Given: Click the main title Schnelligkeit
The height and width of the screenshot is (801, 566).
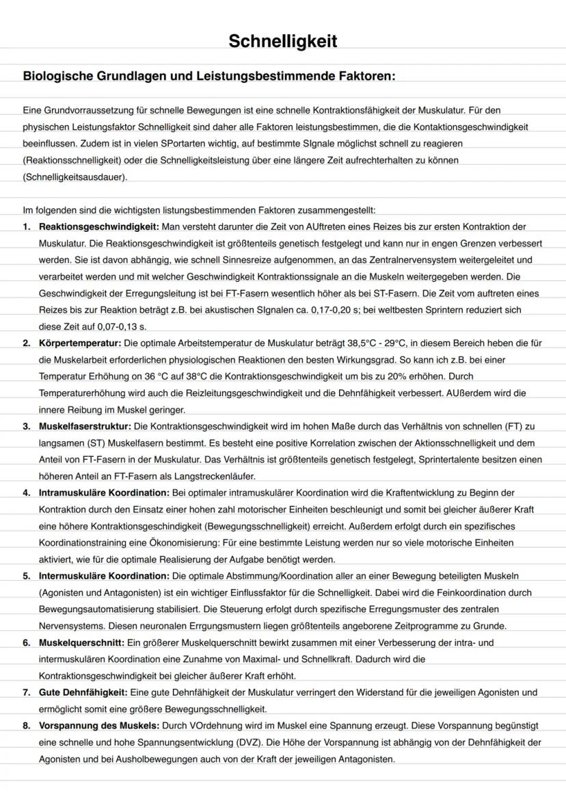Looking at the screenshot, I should (x=282, y=42).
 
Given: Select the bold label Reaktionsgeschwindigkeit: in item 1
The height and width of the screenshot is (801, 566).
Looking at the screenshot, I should (x=99, y=226).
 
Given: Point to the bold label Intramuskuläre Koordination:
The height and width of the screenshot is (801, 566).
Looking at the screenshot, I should (x=103, y=493).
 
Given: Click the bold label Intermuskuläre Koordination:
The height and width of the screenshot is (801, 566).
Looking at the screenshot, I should (x=103, y=576).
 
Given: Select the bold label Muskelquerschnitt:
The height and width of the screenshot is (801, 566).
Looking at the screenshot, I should (x=81, y=642).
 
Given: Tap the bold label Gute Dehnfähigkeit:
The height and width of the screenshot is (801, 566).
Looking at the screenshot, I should (x=83, y=692).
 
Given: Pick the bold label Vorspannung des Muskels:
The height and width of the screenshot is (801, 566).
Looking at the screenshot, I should (x=99, y=725).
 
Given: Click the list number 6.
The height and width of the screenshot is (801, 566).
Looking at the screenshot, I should (x=26, y=642).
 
